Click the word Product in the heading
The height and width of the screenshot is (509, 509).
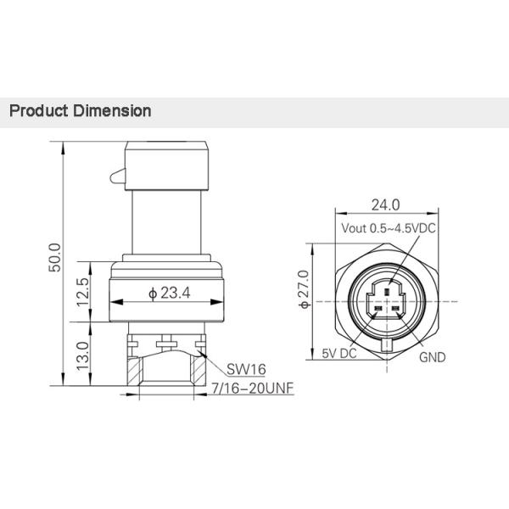37,111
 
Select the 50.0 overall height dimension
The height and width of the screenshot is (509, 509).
54,259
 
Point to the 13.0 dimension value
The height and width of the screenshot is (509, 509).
82,355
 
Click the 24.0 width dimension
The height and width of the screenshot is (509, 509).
385,204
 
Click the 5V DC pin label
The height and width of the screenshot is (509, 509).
338,356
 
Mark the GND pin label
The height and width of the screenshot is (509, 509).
433,357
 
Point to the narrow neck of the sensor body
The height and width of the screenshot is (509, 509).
167,225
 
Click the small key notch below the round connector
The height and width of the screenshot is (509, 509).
386,345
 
